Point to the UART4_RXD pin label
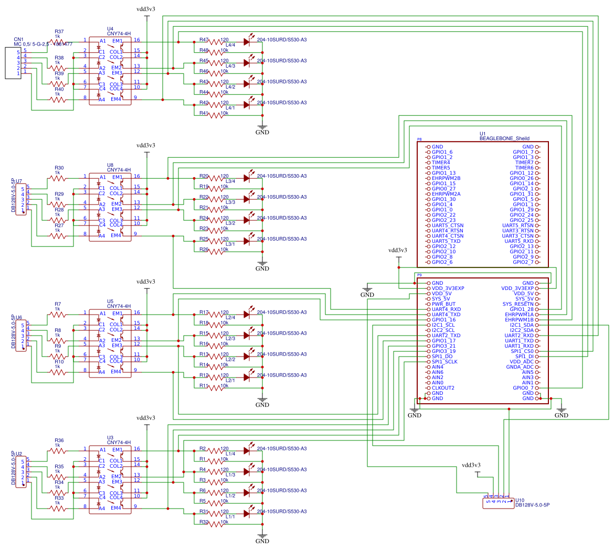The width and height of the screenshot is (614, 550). tap(446, 309)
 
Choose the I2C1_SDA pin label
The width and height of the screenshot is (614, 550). tap(519, 325)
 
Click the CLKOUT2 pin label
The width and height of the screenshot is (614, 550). tap(443, 388)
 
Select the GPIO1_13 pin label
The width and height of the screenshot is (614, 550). tap(443, 173)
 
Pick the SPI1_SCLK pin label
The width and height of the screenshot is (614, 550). tap(444, 362)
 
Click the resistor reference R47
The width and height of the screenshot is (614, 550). tap(204, 40)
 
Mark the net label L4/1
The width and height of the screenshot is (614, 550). tap(230, 107)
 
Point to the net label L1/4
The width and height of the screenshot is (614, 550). tap(230, 454)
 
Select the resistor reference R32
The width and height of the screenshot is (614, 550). tap(204, 522)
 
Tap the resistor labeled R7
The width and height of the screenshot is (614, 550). tap(58, 304)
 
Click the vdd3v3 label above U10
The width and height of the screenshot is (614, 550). tap(471, 465)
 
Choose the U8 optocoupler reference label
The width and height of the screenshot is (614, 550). tap(110, 165)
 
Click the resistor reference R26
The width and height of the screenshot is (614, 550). tap(204, 250)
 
